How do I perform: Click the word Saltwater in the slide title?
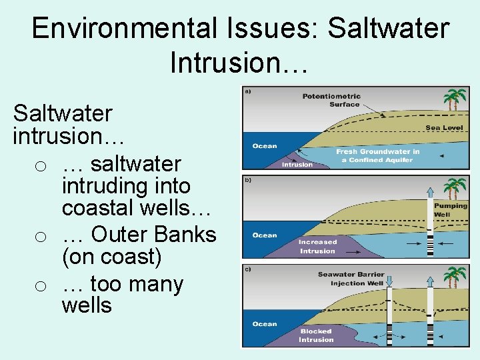pyautogui.click(x=389, y=29)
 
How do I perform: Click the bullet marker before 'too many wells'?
pyautogui.click(x=41, y=286)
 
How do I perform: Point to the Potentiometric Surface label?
pyautogui.click(x=331, y=100)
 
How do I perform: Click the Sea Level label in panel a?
pyautogui.click(x=444, y=128)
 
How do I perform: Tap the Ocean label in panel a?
pyautogui.click(x=265, y=146)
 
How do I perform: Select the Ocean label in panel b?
pyautogui.click(x=265, y=235)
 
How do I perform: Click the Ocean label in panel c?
pyautogui.click(x=265, y=324)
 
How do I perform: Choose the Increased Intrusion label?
pyautogui.click(x=317, y=247)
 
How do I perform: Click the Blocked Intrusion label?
pyautogui.click(x=317, y=335)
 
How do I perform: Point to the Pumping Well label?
pyautogui.click(x=451, y=210)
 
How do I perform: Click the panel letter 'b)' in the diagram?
pyautogui.click(x=248, y=179)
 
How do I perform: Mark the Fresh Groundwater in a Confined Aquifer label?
pyautogui.click(x=377, y=156)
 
